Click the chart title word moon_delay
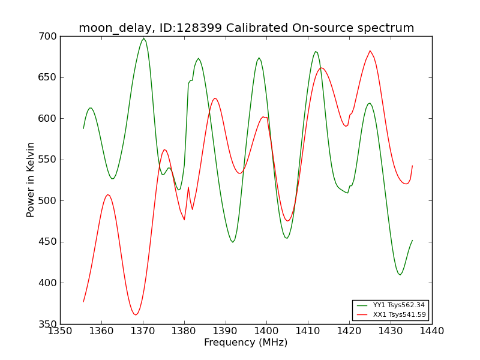(x=115, y=28)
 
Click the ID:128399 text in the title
(x=191, y=28)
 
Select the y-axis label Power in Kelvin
(x=30, y=179)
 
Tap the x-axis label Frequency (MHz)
(x=246, y=342)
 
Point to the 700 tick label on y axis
(x=47, y=37)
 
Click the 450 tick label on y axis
(x=47, y=242)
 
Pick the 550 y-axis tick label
(x=47, y=160)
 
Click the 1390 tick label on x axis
(x=226, y=331)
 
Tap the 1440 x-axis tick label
(x=431, y=331)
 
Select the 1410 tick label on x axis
(x=308, y=331)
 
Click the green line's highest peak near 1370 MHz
(x=143, y=38)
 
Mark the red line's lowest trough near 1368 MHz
(x=136, y=314)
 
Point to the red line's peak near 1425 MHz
(x=370, y=51)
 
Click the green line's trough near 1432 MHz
(x=400, y=275)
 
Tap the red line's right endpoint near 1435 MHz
(x=412, y=166)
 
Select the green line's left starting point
(x=83, y=128)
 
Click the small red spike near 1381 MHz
(x=188, y=187)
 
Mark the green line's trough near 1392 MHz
(x=233, y=242)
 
